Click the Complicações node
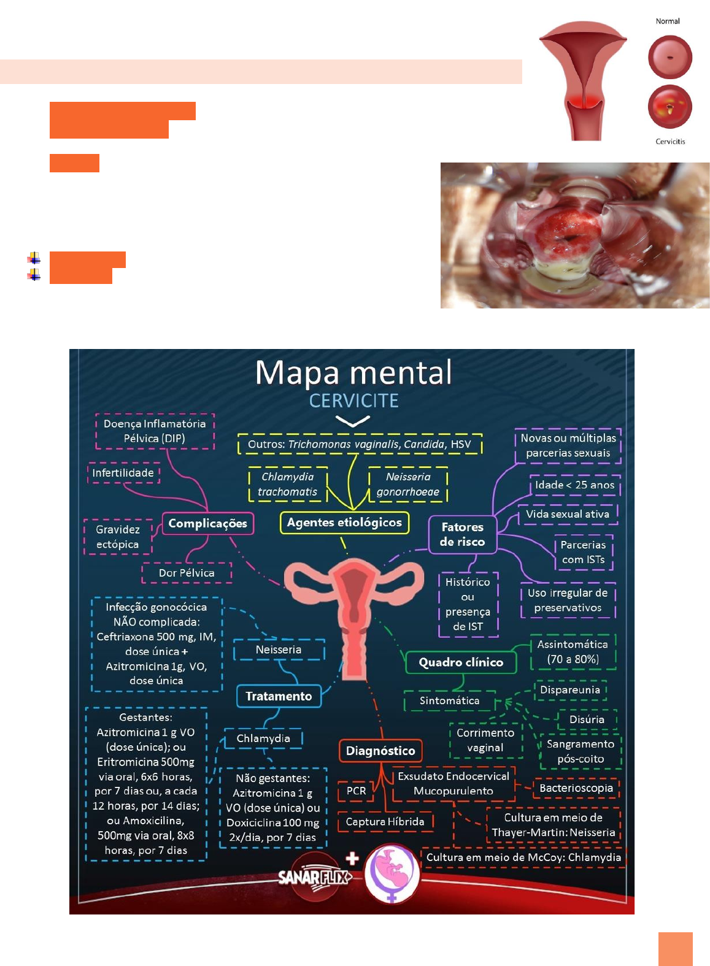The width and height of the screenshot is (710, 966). pos(207,523)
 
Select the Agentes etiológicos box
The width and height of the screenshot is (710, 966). pos(344,523)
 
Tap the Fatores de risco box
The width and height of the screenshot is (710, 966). pos(462,534)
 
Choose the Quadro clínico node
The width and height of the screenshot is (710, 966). pos(461,662)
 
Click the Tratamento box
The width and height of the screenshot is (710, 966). pos(279,696)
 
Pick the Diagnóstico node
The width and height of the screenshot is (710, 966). pos(380,751)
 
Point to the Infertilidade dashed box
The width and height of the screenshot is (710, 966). pos(123,473)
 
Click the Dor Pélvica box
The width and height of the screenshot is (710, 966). pos(187,573)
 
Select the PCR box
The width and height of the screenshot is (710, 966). pos(356,791)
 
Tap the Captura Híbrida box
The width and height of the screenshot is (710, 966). pos(385,822)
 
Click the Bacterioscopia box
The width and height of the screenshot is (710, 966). pos(576,788)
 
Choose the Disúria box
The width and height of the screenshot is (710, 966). pos(587,719)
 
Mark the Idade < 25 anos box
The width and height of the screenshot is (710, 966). pos(574,485)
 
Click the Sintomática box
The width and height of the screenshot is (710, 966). pos(449,700)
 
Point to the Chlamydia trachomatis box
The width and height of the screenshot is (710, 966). pos(287,484)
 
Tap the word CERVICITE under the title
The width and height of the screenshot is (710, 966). pos(353,401)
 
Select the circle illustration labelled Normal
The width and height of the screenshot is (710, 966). pos(670,57)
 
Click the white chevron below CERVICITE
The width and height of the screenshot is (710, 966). pos(353,421)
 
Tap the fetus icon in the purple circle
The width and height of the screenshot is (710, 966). pos(392,873)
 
